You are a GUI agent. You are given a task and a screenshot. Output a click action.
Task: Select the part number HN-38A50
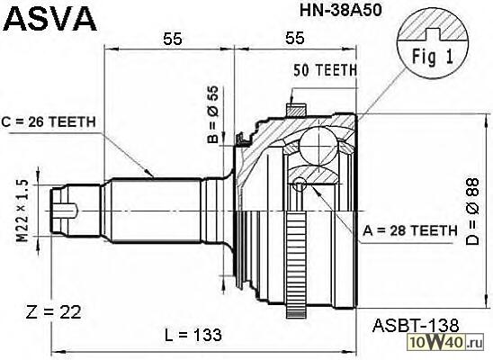340,10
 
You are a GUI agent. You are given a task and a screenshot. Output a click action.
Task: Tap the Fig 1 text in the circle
433,57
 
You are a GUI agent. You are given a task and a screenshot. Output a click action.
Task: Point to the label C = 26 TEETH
49,122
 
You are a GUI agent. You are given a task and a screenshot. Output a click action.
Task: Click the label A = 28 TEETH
410,230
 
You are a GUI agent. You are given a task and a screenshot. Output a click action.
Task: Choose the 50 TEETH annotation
326,70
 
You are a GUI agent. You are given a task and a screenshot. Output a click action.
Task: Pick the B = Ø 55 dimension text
213,114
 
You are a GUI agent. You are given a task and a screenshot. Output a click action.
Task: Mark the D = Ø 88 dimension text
472,211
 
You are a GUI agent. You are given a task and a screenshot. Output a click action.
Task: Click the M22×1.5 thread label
22,211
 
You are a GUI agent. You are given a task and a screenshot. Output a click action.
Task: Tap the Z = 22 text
53,312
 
